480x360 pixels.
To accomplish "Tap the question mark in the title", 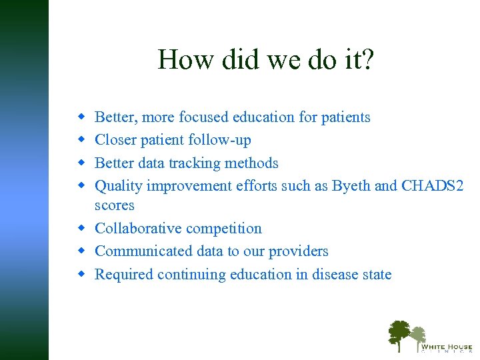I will point(368,60).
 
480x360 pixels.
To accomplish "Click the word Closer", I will point(117,140).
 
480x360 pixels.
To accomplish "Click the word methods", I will point(251,163).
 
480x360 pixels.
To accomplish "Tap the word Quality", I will point(119,186).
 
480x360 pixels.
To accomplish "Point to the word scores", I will point(115,205).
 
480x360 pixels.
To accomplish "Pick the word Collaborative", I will point(138,229).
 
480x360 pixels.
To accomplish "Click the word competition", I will point(223,229).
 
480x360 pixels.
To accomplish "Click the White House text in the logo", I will point(445,347).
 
